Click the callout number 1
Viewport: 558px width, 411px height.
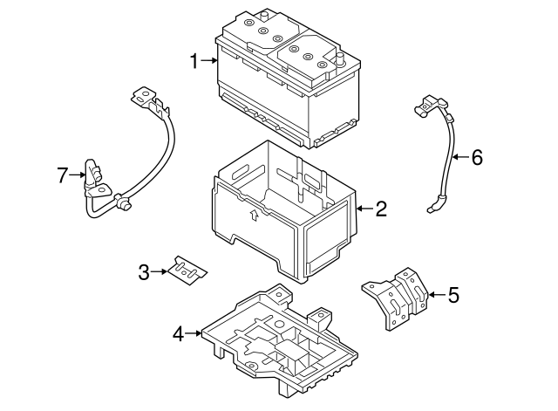194,60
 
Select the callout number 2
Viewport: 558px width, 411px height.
380,209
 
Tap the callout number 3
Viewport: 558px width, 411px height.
144,272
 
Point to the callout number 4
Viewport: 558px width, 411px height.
178,332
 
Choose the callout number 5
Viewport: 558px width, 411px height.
453,295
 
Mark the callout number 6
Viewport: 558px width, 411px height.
476,158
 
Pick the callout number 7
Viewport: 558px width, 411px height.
62,176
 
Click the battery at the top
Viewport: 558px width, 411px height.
288,79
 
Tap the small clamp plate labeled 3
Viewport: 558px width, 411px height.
189,271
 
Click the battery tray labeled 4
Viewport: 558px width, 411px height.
279,340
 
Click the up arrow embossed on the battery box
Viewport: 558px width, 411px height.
252,215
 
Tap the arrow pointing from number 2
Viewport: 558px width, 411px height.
362,209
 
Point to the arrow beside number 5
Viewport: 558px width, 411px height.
435,295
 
